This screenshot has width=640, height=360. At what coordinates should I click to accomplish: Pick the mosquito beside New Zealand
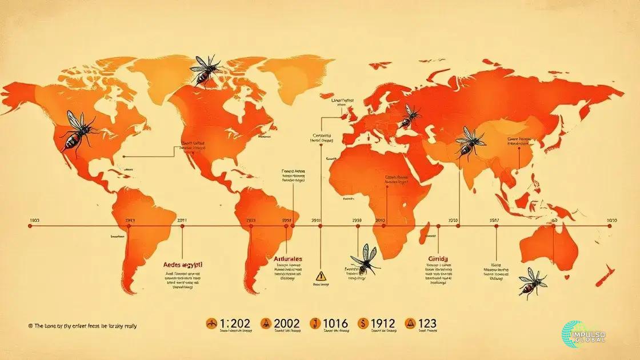(x=533, y=282)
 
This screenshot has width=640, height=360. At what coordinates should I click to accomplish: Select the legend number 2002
(x=282, y=323)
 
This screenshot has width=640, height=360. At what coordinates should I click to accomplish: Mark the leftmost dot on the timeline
(x=30, y=226)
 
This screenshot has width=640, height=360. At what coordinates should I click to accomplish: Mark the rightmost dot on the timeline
(x=610, y=226)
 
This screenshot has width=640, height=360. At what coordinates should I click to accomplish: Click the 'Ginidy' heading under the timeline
(x=439, y=259)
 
